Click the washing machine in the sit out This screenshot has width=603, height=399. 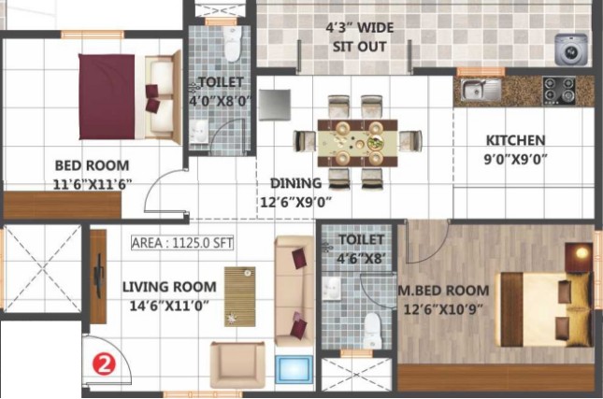[571, 50]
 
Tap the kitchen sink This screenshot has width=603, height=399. [481, 90]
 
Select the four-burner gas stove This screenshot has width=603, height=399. [559, 91]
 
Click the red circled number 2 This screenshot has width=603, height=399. [104, 363]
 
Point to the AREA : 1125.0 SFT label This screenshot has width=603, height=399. [182, 243]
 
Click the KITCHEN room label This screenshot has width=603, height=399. [515, 141]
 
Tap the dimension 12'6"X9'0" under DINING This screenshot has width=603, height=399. [295, 202]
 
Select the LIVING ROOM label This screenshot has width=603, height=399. [169, 287]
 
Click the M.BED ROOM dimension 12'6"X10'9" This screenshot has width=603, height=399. [442, 309]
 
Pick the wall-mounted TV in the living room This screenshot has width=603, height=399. [99, 276]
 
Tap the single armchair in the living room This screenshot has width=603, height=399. [237, 364]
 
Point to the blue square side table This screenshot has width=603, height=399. [294, 370]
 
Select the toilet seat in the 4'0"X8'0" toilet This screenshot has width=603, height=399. [233, 43]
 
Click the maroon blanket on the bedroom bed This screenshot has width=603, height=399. [107, 97]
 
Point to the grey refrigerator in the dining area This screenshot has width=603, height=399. [275, 105]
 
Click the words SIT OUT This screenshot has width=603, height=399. [359, 47]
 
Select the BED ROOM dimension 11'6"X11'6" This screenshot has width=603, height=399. [92, 185]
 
